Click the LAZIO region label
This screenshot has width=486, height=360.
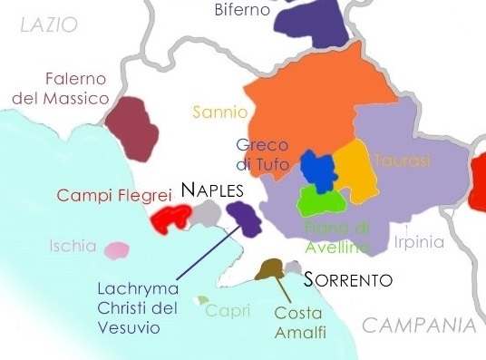[x=49, y=25]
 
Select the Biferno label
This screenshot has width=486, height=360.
[x=243, y=11]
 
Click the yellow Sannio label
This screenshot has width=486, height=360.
[x=219, y=112]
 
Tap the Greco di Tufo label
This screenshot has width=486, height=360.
[x=261, y=154]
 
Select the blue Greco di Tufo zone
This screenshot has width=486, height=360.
[x=316, y=167]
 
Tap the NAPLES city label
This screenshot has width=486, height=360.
[x=212, y=190]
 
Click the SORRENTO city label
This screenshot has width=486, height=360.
[x=348, y=279]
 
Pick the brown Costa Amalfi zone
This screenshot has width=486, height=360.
[x=269, y=269]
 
